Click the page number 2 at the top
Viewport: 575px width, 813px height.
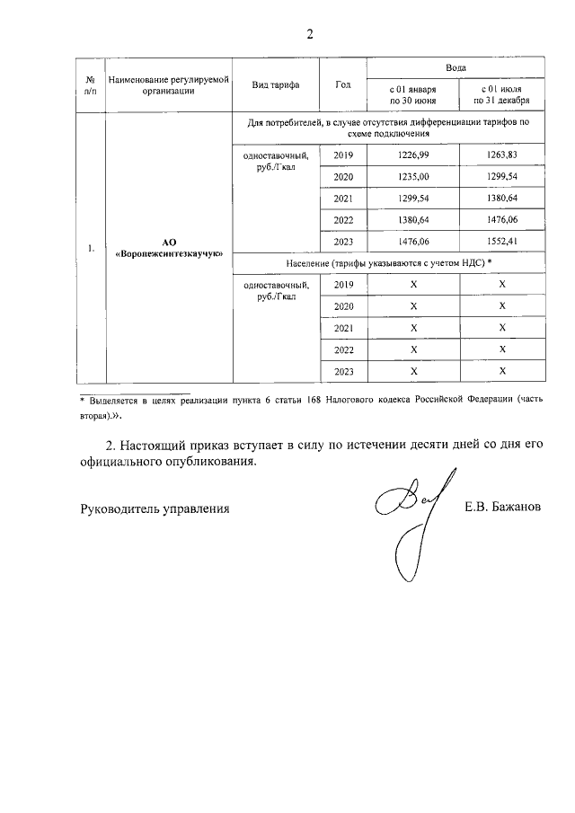point(310,35)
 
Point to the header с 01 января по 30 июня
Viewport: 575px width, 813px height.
point(412,94)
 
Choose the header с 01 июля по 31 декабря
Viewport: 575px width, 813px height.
point(502,94)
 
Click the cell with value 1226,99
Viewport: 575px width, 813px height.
point(412,155)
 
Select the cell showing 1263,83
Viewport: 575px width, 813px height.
point(502,155)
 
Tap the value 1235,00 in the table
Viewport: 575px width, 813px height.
point(412,177)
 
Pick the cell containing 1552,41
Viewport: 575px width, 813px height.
point(502,242)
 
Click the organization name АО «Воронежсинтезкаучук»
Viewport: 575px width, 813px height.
point(169,249)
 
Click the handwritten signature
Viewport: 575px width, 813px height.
point(409,512)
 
